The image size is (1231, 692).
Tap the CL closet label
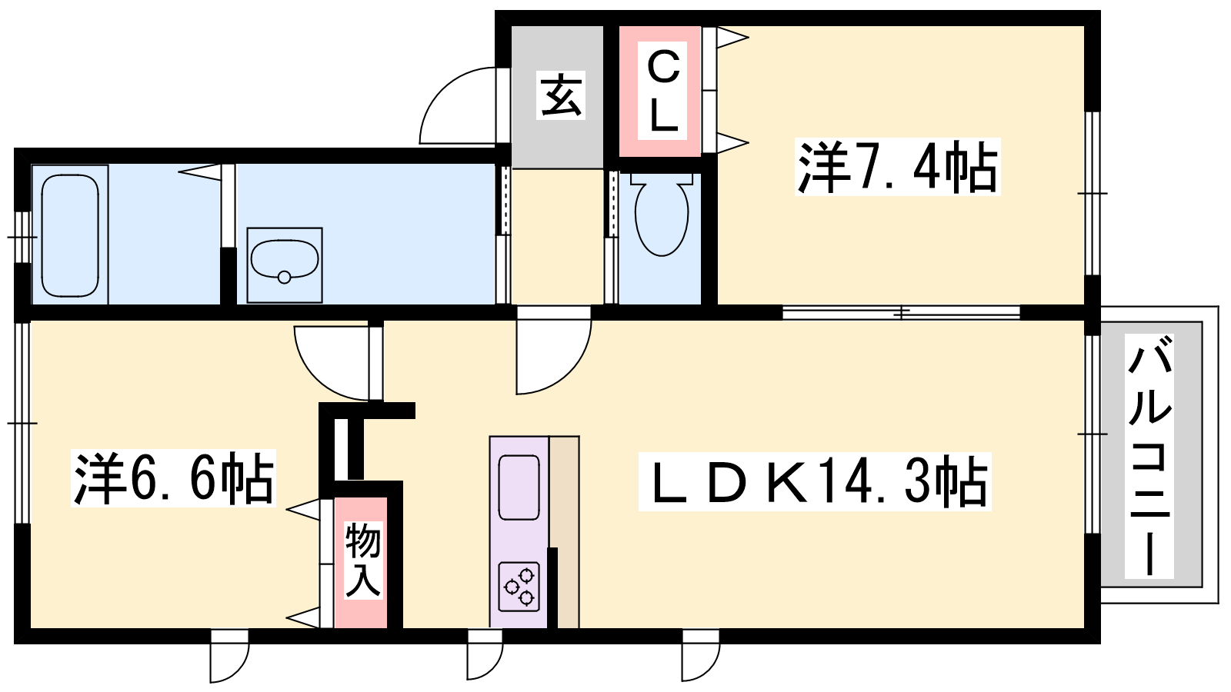pos(662,91)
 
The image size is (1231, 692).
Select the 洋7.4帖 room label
pos(897,167)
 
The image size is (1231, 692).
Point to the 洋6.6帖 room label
pos(173,477)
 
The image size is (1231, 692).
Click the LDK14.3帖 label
pos(815,481)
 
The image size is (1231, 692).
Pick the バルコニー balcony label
pos(1149,457)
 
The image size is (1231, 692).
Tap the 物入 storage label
pos(362,560)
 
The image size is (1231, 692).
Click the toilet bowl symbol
pos(662,215)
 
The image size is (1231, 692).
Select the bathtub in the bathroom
pos(70,235)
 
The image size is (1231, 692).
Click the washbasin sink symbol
pos(284,265)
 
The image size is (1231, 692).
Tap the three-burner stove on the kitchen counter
pos(519,587)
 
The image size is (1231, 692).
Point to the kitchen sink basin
pos(519,487)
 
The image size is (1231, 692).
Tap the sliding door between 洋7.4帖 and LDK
pos(901,313)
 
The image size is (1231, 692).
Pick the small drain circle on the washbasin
pos(284,278)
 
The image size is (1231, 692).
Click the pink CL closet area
pos(660,91)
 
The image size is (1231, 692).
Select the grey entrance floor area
pos(557,97)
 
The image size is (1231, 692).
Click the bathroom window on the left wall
pos(22,238)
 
